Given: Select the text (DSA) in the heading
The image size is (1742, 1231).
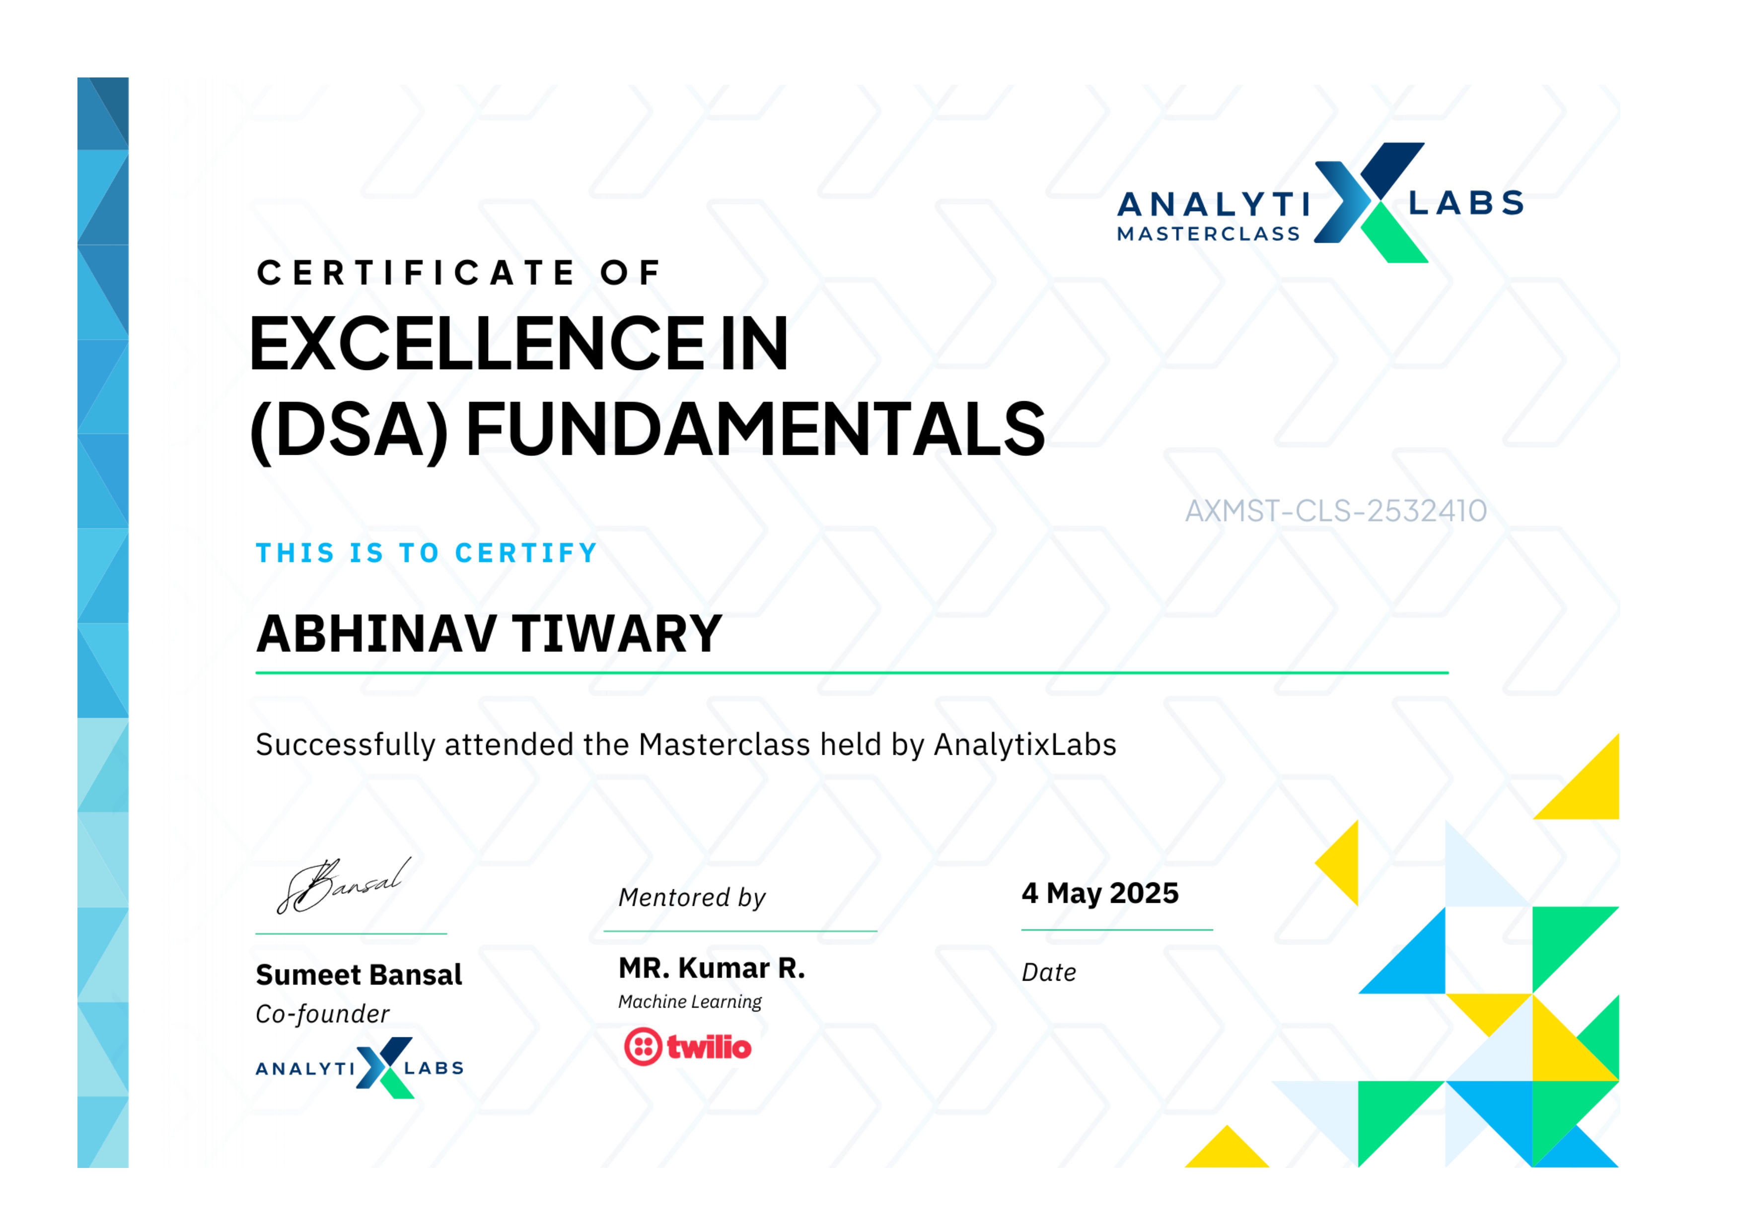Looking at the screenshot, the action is pyautogui.click(x=349, y=431).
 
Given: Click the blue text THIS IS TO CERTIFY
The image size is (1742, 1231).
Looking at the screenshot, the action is pyautogui.click(x=427, y=553).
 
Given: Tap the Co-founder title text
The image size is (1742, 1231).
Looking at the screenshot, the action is pyautogui.click(x=322, y=1014).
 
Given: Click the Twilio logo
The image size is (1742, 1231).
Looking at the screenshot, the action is pyautogui.click(x=687, y=1047).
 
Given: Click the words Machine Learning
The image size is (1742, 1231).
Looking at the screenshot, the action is pyautogui.click(x=690, y=1002).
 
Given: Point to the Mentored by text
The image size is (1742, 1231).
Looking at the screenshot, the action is pyautogui.click(x=692, y=897).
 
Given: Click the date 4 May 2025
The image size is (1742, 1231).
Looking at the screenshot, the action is pyautogui.click(x=1100, y=893).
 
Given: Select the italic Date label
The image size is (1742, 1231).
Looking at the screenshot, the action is pyautogui.click(x=1049, y=972).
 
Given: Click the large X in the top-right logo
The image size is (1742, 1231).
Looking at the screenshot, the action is pyautogui.click(x=1370, y=203).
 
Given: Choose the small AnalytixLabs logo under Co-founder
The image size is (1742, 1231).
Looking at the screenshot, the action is pyautogui.click(x=360, y=1068).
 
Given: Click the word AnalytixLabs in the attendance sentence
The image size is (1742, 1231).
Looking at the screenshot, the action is pyautogui.click(x=1025, y=745).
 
